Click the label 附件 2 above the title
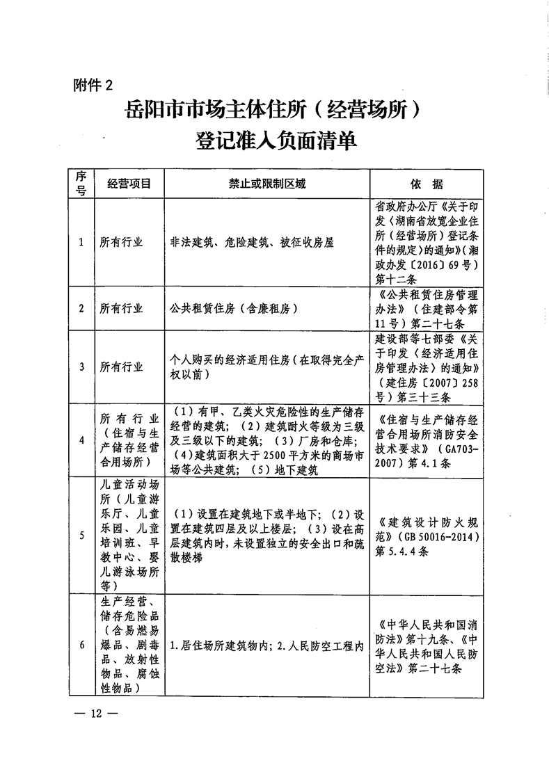92,86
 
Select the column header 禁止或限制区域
267,184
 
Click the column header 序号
81,184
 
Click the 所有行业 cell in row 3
121,367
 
